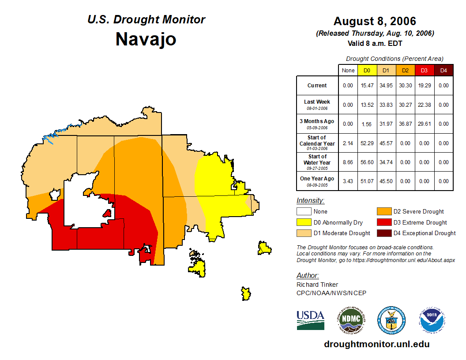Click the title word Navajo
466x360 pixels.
click(x=146, y=39)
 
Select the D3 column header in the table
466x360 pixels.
click(x=424, y=71)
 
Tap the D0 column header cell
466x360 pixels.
click(x=367, y=71)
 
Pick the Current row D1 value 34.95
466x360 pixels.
click(x=386, y=86)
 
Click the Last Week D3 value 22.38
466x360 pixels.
click(x=424, y=105)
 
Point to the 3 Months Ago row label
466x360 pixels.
click(x=317, y=124)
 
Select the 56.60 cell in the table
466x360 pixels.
click(x=367, y=162)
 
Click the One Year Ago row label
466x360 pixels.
click(x=317, y=181)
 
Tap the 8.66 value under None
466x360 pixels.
click(x=348, y=162)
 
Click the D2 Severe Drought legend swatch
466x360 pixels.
click(x=383, y=211)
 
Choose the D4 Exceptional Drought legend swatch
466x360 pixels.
click(x=383, y=233)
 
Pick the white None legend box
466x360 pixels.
click(x=304, y=211)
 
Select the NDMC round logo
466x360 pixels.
click(x=351, y=320)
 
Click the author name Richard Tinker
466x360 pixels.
click(x=317, y=285)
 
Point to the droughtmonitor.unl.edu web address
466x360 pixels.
click(x=376, y=344)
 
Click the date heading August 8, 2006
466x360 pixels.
click(x=375, y=21)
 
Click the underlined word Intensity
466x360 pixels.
click(x=310, y=201)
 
